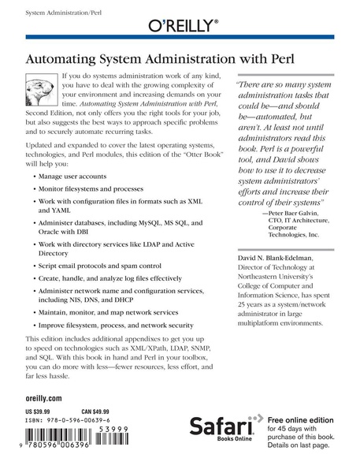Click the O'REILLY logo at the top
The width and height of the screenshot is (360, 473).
180,28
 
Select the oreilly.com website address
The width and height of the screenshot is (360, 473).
43,400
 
